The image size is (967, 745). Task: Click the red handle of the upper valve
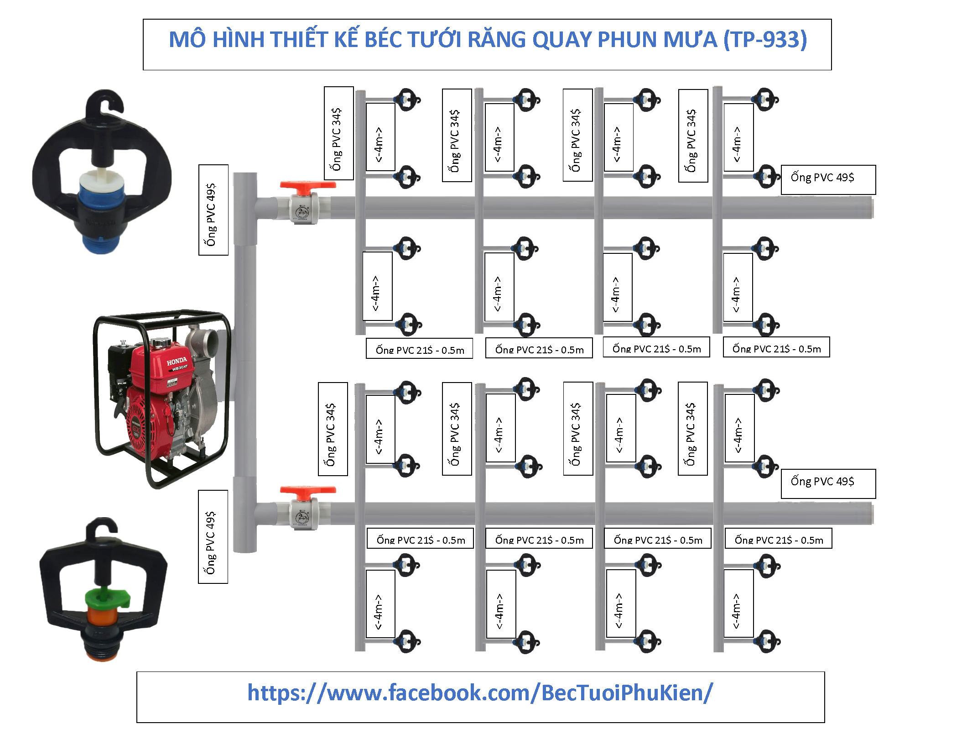coord(307,185)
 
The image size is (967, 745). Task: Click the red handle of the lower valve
coord(307,490)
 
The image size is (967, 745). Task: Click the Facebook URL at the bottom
coord(480,693)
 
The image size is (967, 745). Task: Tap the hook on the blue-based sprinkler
coord(105,103)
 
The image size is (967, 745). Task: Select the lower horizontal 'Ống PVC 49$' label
coord(827,483)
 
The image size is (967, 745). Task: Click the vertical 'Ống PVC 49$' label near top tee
coord(213,210)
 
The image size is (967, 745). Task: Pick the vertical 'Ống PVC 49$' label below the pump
coord(213,537)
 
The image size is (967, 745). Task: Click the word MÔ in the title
coord(187,40)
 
